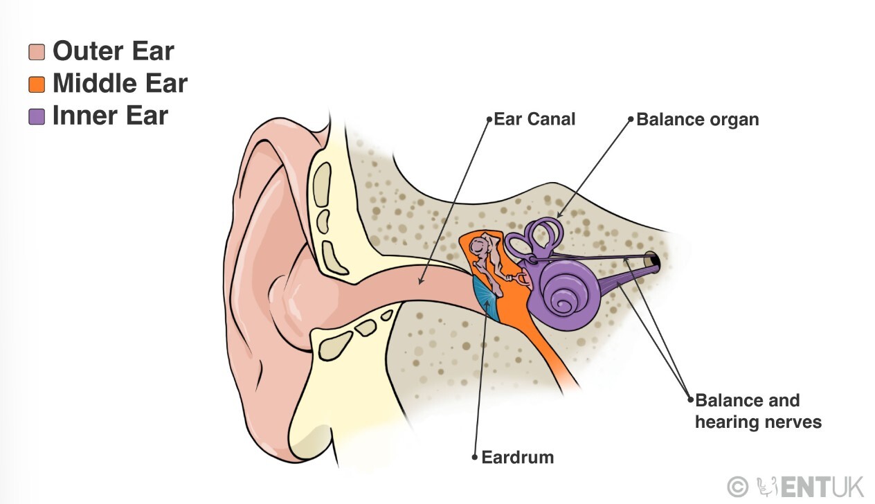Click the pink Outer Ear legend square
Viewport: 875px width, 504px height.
pos(37,52)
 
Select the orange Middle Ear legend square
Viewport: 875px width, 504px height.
pos(37,84)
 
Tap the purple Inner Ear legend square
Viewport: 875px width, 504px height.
pos(37,116)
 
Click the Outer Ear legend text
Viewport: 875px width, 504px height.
pos(113,51)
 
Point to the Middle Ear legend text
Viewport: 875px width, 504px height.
pos(120,84)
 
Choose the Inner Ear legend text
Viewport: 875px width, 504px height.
pos(110,116)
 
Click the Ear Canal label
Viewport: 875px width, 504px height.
pos(534,119)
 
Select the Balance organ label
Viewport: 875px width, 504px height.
pos(697,120)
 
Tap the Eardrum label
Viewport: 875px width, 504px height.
pos(517,457)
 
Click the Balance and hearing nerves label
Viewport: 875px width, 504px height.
pos(757,411)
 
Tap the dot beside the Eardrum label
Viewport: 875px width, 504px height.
pos(474,457)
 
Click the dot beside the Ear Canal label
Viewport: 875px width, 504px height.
pos(489,119)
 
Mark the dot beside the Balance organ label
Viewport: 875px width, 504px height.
pos(631,119)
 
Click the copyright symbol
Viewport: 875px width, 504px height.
pos(739,487)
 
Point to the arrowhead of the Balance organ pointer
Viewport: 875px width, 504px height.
pos(557,216)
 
